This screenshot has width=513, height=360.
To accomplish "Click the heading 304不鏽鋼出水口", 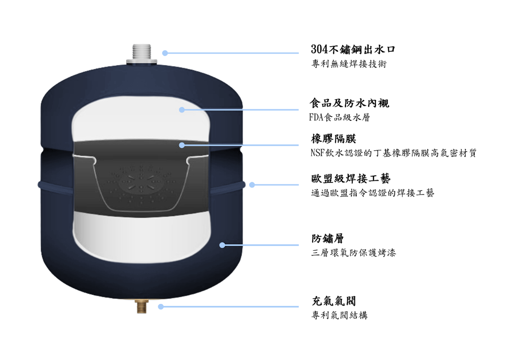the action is pos(353,49).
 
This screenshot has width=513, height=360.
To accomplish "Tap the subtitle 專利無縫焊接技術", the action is pos(349,64).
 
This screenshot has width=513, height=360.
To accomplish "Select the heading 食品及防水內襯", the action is pos(349,103).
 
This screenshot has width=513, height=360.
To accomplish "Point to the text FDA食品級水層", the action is pos(339,117).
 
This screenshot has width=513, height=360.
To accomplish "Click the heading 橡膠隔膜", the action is pos(334,139).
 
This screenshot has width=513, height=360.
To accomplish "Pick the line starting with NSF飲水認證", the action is pos(394,153).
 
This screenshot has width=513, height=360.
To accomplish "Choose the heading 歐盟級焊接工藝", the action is pos(351,179).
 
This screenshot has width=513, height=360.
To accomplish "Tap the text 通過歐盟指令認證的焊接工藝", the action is pos(373,193).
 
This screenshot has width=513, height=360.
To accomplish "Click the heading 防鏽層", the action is pos(328,239).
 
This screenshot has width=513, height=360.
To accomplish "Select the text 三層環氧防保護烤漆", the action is pos(353,253).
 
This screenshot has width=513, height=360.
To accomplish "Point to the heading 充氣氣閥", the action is pos(334,301).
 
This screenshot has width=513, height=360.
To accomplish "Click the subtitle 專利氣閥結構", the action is pos(339,315).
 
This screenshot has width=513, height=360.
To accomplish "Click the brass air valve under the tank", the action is pos(141,306).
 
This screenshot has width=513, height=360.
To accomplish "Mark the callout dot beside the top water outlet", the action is pos(165,53).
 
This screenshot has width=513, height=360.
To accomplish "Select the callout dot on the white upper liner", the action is pos(182,110).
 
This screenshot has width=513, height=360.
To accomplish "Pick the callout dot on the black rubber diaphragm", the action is pos(182,145).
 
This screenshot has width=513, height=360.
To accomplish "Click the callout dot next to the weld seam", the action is pos(252,185).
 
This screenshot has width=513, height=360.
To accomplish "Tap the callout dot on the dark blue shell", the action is pos(222,245).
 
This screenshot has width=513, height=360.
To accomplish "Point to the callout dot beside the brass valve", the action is pos(161,307).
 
